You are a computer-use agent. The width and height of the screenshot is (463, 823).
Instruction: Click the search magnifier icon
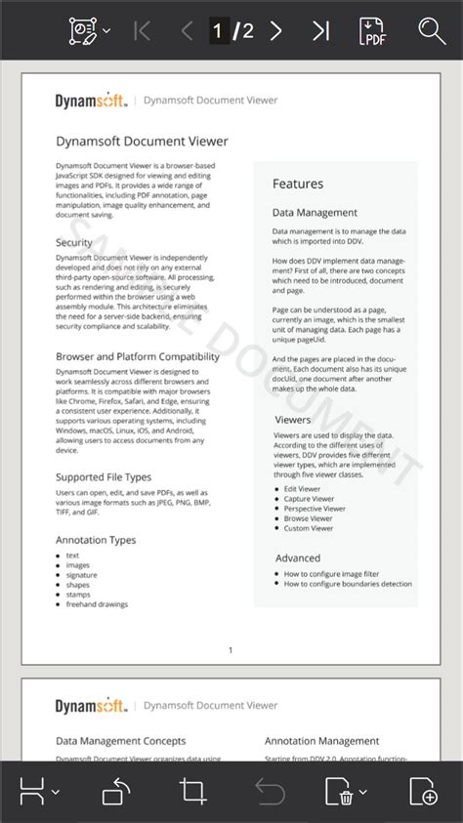coord(432,30)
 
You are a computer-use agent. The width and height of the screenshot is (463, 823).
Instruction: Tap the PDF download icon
coord(372,30)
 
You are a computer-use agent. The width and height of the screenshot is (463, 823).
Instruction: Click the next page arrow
coord(275,30)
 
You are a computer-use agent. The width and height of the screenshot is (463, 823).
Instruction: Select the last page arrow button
coord(320,30)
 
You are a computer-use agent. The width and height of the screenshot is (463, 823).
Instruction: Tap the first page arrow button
coord(142,30)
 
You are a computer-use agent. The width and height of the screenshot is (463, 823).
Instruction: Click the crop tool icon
coord(192,791)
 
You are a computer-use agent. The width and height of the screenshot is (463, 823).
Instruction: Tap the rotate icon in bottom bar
coord(116,791)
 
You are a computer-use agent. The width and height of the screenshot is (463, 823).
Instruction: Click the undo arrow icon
coord(270,791)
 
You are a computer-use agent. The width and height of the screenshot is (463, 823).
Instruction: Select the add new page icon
coord(423,791)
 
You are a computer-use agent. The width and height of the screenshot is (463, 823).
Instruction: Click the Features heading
coord(298,184)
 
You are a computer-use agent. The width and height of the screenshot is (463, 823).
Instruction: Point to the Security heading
coord(74,242)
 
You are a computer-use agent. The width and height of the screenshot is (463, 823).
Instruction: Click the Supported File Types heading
coord(104,477)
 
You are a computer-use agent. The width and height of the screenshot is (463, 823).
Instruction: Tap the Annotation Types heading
coord(96,540)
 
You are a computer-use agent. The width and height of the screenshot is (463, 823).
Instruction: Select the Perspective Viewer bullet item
coord(315,509)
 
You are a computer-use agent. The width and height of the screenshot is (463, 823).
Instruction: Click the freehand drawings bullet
coord(97,604)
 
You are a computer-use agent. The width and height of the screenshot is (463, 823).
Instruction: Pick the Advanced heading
coord(298,558)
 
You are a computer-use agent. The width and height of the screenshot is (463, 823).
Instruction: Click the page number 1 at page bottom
coord(231,649)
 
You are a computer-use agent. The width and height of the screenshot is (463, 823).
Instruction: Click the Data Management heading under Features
coord(315,213)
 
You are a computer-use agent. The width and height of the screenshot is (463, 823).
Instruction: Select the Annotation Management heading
coord(321,741)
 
